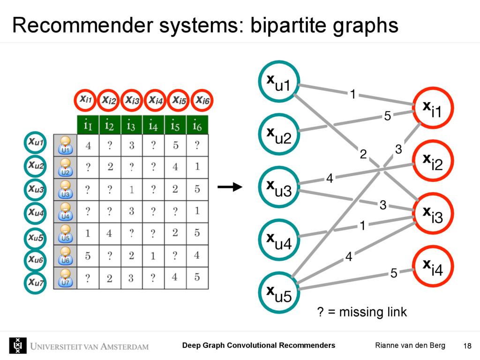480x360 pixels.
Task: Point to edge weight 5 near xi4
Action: [x=394, y=272]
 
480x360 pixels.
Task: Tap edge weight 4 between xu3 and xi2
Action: [x=330, y=179]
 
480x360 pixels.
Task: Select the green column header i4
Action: [x=153, y=125]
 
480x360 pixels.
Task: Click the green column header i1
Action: [x=87, y=125]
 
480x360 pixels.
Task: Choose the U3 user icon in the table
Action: [x=65, y=189]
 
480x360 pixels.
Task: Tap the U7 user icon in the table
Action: [x=65, y=278]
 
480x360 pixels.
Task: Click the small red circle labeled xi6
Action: [x=203, y=100]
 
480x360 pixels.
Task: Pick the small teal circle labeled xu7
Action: [x=36, y=282]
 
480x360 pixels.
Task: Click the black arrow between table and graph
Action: [x=229, y=187]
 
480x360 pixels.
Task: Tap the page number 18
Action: [x=466, y=346]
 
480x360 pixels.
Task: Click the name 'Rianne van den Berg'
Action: [x=410, y=345]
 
